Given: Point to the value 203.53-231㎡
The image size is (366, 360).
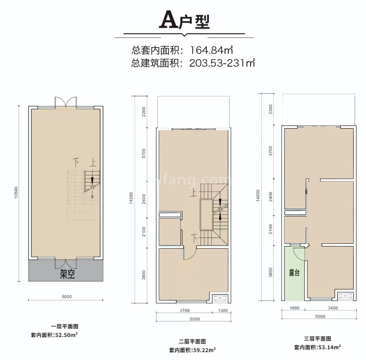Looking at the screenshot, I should [222, 63].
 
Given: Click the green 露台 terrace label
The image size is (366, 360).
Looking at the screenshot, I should [294, 273].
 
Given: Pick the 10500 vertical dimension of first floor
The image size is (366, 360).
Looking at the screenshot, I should [16, 193].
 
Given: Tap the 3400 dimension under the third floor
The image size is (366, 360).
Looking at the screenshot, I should [333, 308].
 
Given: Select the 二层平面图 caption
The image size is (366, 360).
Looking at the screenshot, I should [192, 341].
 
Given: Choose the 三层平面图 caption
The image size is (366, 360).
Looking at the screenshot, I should [318, 338].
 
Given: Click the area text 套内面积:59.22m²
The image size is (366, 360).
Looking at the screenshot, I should [192, 350].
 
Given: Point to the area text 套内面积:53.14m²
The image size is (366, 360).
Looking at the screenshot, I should [318, 347].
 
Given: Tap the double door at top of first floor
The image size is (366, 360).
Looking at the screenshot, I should [65, 102].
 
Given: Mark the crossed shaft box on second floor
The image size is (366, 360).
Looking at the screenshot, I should [219, 298].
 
